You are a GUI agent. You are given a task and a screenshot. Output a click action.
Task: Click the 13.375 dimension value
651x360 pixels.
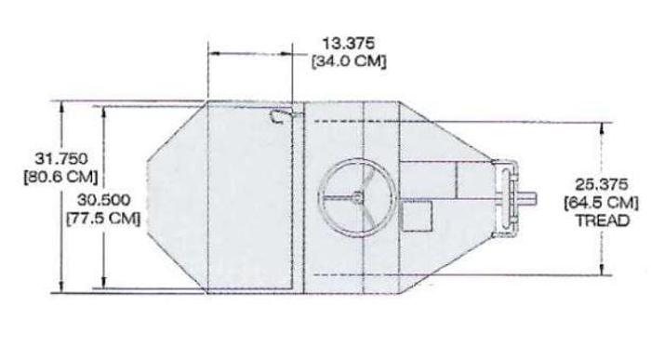(349, 43)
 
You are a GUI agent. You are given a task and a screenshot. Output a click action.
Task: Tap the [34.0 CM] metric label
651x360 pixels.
(349, 61)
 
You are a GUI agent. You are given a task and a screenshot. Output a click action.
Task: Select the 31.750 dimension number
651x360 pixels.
(61, 159)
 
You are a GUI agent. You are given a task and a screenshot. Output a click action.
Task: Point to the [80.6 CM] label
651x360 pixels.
(61, 177)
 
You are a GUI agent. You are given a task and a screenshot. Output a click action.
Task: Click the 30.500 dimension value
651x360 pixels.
(104, 200)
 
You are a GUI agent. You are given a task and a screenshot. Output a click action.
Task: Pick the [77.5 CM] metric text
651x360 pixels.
(104, 219)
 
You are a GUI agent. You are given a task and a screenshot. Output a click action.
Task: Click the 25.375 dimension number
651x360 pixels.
(602, 184)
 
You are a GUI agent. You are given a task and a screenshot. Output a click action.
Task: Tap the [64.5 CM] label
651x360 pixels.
(602, 203)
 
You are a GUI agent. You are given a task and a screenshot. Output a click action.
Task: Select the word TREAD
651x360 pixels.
(602, 220)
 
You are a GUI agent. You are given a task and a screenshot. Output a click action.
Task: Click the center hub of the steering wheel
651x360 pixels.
(356, 197)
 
